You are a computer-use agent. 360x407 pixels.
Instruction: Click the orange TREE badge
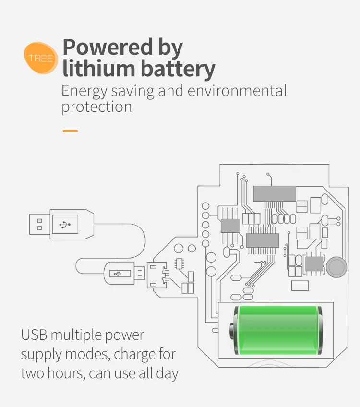pyautogui.click(x=41, y=58)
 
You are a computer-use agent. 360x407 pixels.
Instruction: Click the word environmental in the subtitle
pyautogui.click(x=237, y=91)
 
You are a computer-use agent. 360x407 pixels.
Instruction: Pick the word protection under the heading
pyautogui.click(x=96, y=107)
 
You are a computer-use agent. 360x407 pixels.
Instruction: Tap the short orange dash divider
pyautogui.click(x=70, y=131)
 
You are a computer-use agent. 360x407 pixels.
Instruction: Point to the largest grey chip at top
pyautogui.click(x=274, y=193)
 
